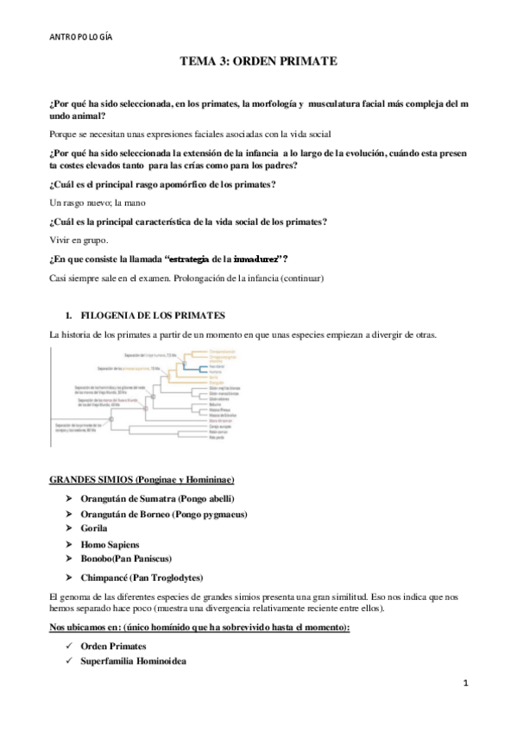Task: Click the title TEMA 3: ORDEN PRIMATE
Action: click(x=257, y=62)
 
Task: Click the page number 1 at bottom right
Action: click(x=465, y=683)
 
